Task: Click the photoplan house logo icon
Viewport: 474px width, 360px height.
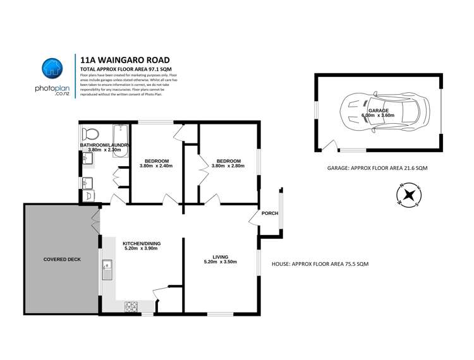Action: [x=52, y=69]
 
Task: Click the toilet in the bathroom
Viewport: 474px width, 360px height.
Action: [x=90, y=134]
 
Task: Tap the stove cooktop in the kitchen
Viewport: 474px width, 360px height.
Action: [x=131, y=306]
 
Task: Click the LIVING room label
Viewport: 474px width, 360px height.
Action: [x=220, y=256]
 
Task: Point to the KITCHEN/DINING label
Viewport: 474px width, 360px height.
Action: [x=141, y=243]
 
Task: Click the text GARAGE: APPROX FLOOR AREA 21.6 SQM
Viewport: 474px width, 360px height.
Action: [x=377, y=169]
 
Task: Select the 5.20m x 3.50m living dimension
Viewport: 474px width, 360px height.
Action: [x=220, y=262]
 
